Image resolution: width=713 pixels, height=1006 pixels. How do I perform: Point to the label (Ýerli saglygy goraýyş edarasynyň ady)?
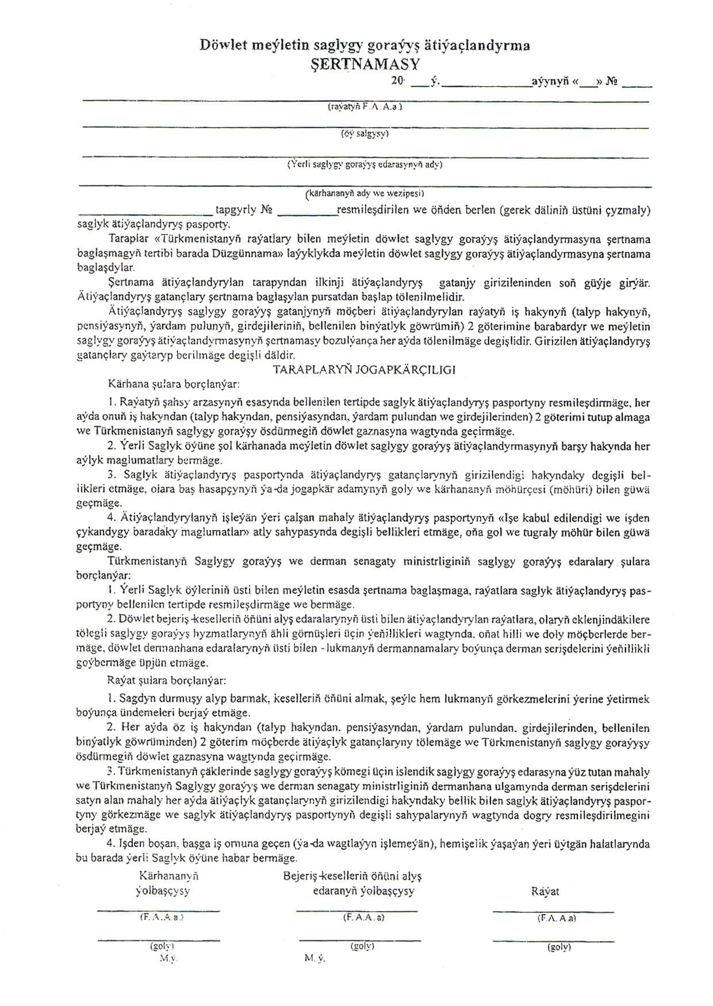click(x=365, y=164)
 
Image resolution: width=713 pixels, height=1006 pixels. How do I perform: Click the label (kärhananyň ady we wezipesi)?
click(x=365, y=193)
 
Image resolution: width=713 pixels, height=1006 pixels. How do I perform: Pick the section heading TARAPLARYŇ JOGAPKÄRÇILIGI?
click(x=365, y=370)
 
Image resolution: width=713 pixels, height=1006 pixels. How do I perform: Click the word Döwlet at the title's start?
click(x=223, y=45)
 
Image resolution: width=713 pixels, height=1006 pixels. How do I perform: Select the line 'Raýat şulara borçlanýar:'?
click(x=167, y=680)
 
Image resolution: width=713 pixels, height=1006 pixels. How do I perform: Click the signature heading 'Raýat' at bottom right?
click(x=545, y=892)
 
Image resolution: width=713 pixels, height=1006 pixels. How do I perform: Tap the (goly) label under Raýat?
click(x=559, y=947)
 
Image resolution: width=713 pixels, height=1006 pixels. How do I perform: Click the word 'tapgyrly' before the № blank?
click(x=236, y=210)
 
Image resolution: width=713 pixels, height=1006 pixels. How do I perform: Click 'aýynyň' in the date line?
click(x=550, y=82)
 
